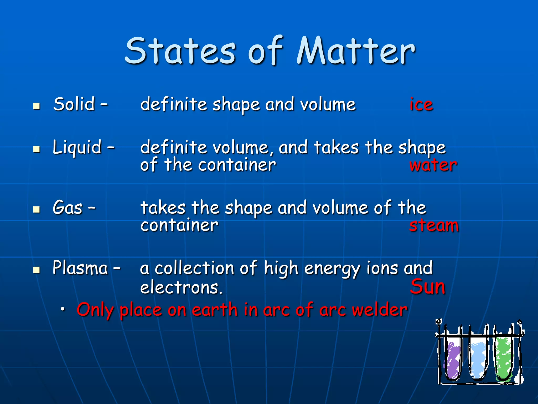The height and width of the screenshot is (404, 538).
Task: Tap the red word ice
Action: [421, 104]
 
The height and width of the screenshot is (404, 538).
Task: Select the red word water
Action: [433, 165]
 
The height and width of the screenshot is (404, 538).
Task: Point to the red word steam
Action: [434, 226]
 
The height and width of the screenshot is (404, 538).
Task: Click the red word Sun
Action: [428, 287]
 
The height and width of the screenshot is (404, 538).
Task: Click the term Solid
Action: [74, 104]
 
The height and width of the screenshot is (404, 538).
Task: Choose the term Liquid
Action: [77, 147]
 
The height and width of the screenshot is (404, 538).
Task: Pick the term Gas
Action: [68, 208]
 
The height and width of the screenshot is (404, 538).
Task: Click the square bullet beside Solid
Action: [37, 106]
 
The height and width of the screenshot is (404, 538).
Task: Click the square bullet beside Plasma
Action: [37, 270]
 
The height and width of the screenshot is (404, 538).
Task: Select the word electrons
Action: [181, 287]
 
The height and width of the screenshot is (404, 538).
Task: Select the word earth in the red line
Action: [215, 310]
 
